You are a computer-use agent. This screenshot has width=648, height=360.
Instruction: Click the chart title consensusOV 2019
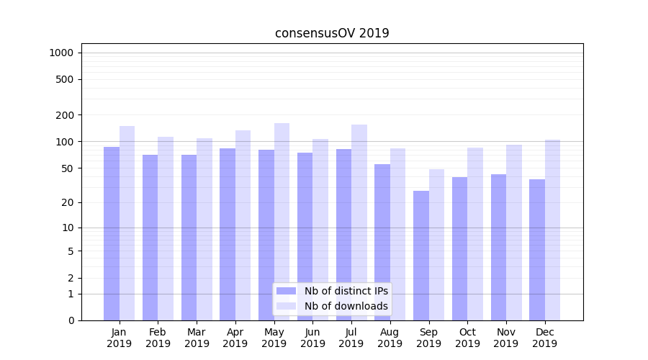click(x=332, y=33)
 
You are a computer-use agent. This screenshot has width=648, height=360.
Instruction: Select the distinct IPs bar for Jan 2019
click(x=112, y=234)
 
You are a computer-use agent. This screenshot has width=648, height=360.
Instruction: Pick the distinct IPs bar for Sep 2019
click(x=421, y=256)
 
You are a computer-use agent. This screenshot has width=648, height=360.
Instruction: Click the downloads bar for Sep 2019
click(x=436, y=245)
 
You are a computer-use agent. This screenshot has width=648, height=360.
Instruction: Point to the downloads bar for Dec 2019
click(x=552, y=230)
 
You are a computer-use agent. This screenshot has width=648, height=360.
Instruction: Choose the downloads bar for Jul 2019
click(x=359, y=222)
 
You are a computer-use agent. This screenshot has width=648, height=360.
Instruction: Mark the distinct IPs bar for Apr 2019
click(x=228, y=235)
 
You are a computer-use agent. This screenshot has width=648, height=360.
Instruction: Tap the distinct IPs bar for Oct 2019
click(x=460, y=249)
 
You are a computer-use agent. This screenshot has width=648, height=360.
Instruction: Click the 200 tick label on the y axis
click(x=65, y=115)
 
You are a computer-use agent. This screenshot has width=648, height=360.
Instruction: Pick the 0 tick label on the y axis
click(x=71, y=320)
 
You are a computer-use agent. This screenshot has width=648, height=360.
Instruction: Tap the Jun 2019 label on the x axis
click(x=312, y=338)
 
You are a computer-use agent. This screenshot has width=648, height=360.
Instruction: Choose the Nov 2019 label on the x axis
click(x=506, y=338)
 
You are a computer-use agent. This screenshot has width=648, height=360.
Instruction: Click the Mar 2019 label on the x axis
click(x=197, y=338)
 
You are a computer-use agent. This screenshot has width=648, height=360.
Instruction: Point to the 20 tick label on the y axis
click(x=68, y=202)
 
